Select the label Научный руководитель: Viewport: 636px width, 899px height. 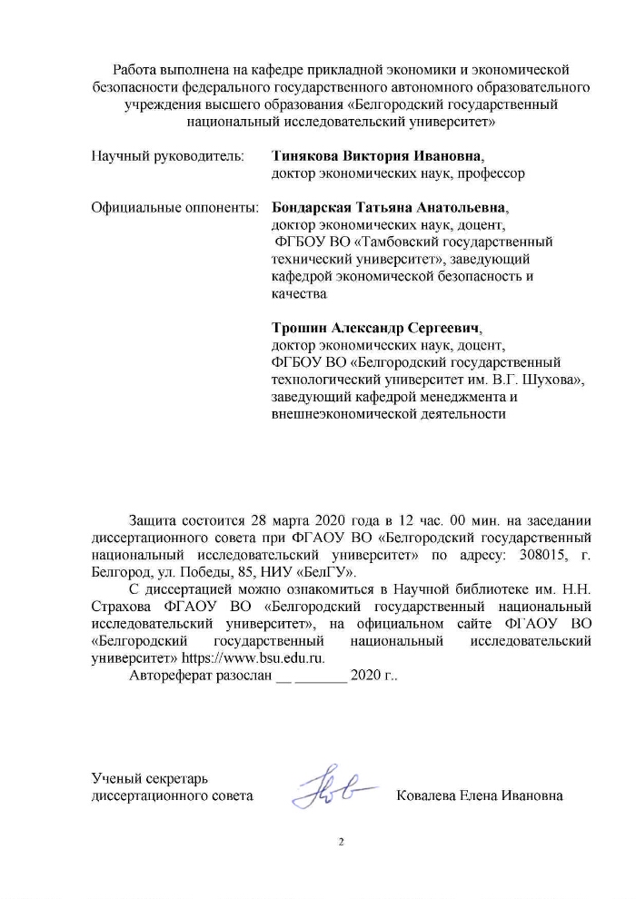[168, 154]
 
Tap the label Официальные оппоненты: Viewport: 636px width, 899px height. [174, 207]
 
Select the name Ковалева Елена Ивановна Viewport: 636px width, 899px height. [480, 796]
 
